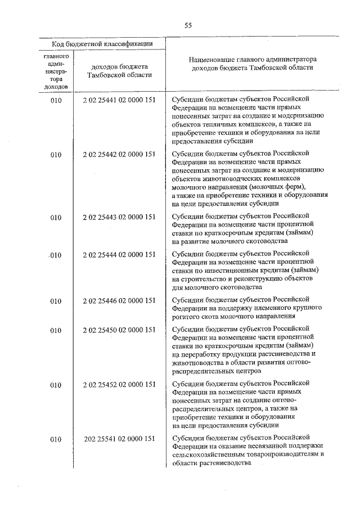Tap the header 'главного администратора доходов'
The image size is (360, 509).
pos(56,72)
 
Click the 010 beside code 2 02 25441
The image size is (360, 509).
pos(56,100)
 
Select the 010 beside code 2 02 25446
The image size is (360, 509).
pos(56,301)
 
